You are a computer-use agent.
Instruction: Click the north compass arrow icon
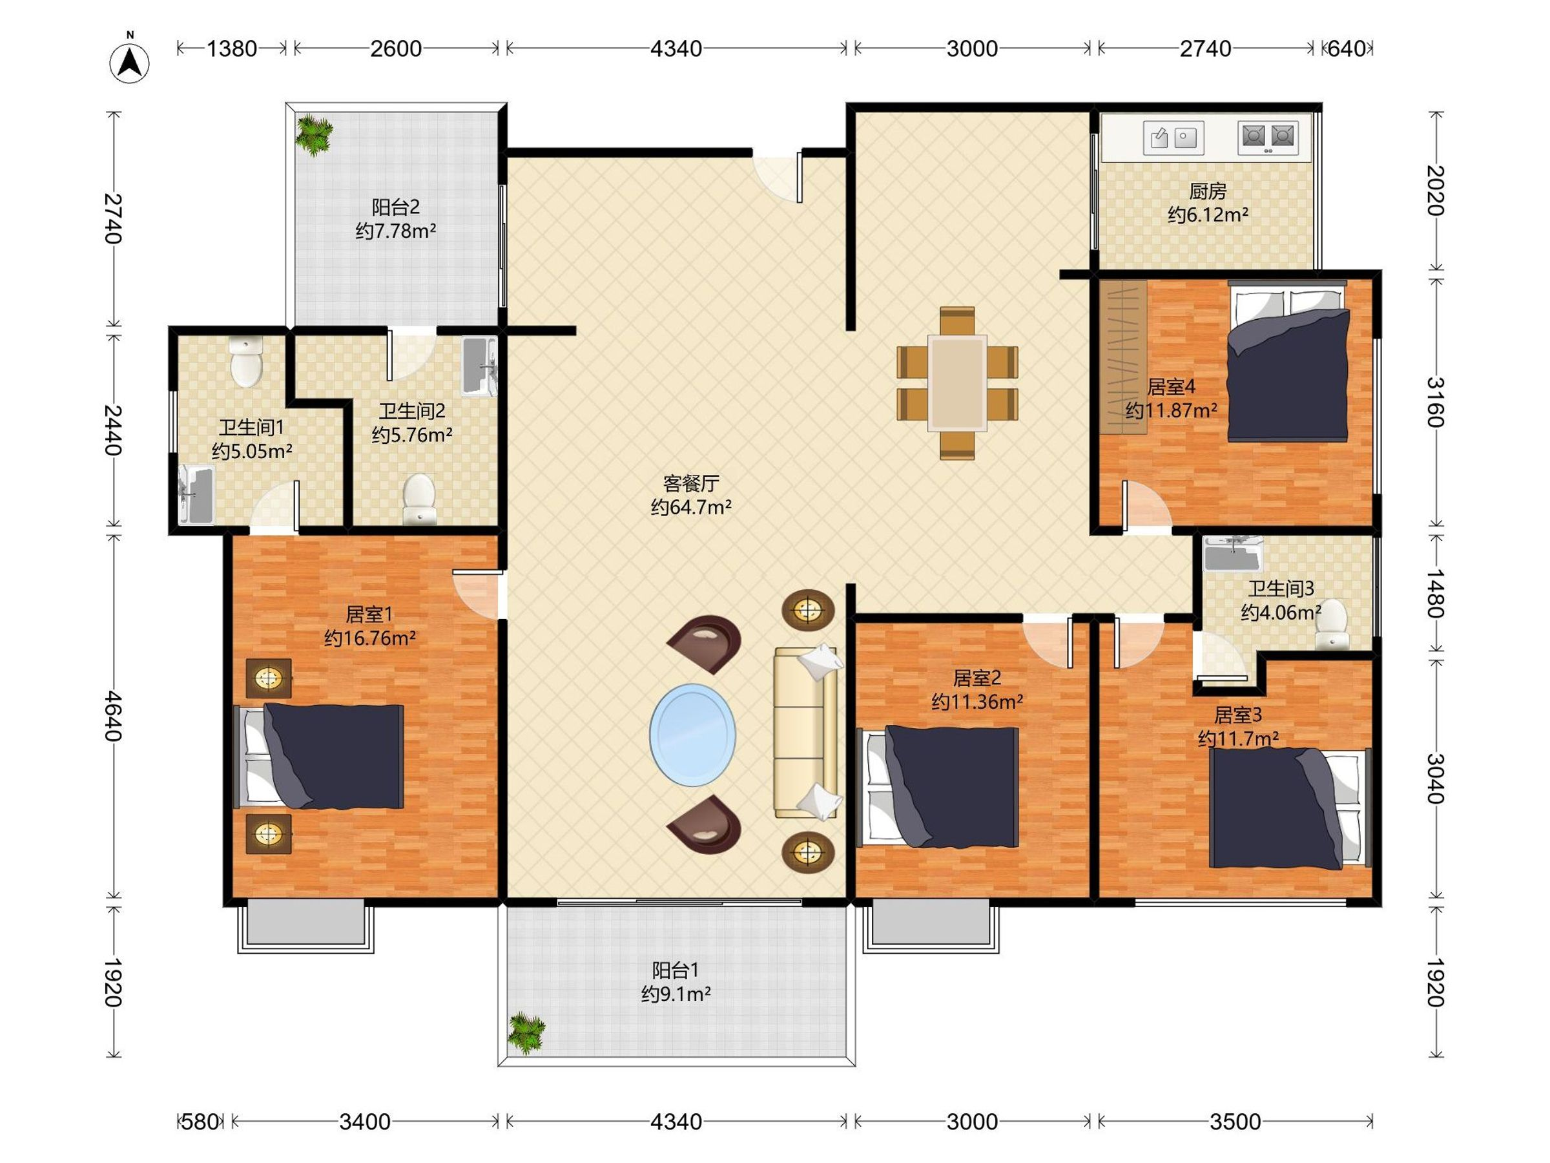[130, 63]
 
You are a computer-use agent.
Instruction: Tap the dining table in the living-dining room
[957, 382]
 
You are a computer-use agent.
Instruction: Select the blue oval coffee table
[692, 735]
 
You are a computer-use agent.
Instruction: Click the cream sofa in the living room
[807, 733]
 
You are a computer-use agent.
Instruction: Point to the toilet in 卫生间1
[246, 362]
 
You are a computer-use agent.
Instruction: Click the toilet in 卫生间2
[420, 498]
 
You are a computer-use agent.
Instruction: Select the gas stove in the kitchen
[1268, 138]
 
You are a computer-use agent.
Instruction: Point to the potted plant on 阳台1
[527, 1032]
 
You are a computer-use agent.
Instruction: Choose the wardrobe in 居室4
[1122, 357]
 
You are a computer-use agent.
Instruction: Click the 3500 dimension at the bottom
[1235, 1122]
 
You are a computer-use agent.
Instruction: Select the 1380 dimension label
[232, 49]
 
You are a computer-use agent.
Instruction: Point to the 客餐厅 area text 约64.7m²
[691, 507]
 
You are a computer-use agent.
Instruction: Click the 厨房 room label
[1207, 191]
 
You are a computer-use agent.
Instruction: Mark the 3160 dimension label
[1436, 402]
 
